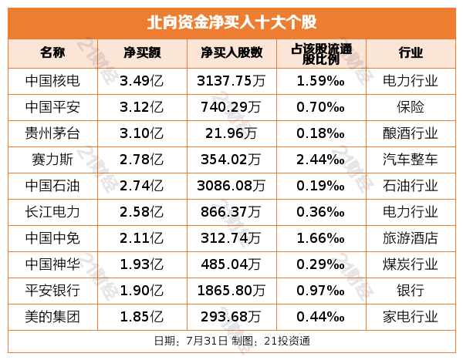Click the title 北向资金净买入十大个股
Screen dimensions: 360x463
click(x=231, y=22)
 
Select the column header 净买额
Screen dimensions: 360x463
click(x=141, y=53)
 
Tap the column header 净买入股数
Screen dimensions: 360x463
click(x=231, y=53)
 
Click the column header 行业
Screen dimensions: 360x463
click(x=411, y=53)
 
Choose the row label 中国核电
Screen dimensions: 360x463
click(x=52, y=80)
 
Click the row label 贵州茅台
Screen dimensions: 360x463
click(x=52, y=133)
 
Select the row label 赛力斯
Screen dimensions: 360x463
click(x=52, y=160)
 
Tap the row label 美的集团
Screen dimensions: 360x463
click(x=52, y=316)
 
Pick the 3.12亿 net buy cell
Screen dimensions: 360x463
click(x=141, y=106)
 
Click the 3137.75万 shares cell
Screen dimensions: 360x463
click(x=231, y=80)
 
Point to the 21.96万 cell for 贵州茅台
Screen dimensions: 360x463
click(x=231, y=133)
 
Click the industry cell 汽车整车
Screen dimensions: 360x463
click(x=411, y=160)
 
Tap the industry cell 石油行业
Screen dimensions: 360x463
click(x=411, y=186)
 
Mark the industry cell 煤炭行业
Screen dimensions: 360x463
click(x=411, y=264)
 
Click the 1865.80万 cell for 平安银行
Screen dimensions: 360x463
click(x=231, y=290)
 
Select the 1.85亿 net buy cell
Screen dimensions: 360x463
click(x=141, y=316)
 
